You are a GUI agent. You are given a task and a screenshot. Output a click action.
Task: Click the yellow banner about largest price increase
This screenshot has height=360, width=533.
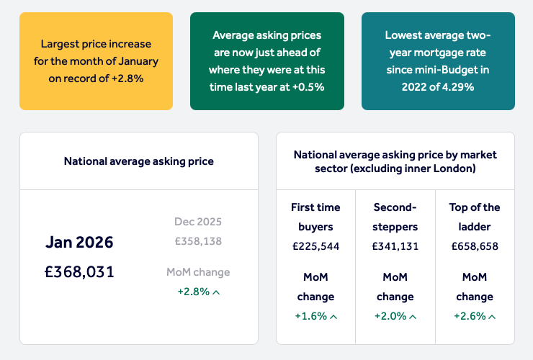pyautogui.click(x=96, y=60)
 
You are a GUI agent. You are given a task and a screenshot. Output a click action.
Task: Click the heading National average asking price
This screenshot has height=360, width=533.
pyautogui.click(x=138, y=161)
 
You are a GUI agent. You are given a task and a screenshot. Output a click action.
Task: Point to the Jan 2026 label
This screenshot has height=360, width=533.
pyautogui.click(x=79, y=242)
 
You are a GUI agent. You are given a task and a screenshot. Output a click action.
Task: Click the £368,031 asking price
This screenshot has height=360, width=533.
pyautogui.click(x=79, y=271)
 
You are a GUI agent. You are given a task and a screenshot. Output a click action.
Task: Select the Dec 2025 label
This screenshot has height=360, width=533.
pyautogui.click(x=198, y=222)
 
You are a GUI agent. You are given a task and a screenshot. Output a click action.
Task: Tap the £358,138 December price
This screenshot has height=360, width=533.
pyautogui.click(x=198, y=241)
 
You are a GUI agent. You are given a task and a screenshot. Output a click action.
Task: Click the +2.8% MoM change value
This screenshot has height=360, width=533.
pyautogui.click(x=193, y=292)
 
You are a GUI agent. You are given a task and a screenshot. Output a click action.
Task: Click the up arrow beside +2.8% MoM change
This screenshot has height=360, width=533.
pyautogui.click(x=216, y=292)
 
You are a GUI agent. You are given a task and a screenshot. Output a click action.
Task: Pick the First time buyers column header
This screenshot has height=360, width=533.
pyautogui.click(x=315, y=216)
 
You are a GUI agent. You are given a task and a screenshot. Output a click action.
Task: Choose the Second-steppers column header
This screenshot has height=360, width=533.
pyautogui.click(x=395, y=216)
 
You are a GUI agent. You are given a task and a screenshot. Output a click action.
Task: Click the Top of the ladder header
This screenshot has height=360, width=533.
pyautogui.click(x=474, y=216)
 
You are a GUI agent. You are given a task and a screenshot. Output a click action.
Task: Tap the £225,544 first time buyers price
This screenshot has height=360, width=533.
pyautogui.click(x=315, y=246)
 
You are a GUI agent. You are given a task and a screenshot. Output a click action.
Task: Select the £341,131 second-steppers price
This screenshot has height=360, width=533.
pyautogui.click(x=395, y=246)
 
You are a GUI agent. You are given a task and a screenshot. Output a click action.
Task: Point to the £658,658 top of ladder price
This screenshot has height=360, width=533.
pyautogui.click(x=474, y=246)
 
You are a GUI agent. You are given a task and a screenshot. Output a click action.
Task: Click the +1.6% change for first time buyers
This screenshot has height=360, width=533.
pyautogui.click(x=310, y=316)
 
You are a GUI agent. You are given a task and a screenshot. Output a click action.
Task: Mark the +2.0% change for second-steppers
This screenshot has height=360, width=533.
pyautogui.click(x=390, y=316)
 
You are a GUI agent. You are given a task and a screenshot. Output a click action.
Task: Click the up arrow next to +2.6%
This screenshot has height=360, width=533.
pyautogui.click(x=492, y=316)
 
